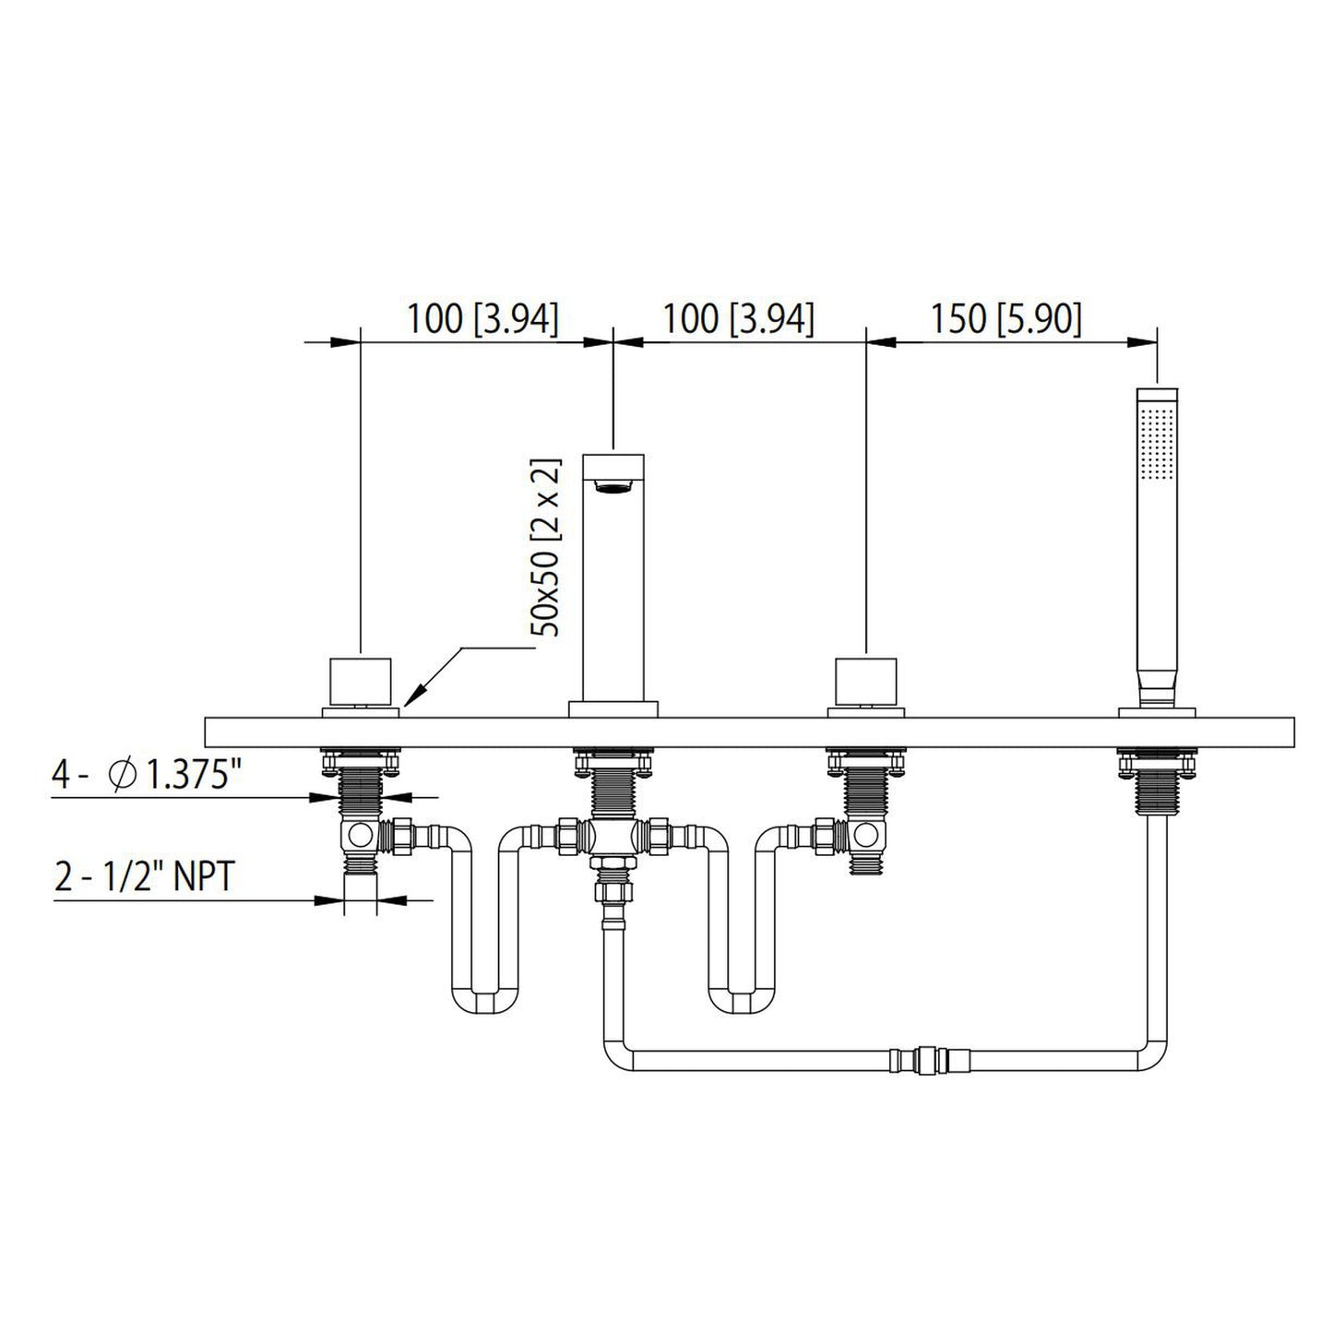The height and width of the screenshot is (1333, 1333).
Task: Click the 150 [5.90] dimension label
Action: tap(1006, 319)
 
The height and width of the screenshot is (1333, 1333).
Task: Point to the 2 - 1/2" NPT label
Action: tap(144, 876)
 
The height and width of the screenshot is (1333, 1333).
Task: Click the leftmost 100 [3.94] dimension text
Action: tap(482, 319)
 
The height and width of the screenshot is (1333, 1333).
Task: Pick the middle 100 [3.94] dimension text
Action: tap(739, 319)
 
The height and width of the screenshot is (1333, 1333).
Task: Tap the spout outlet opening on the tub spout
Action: tap(613, 488)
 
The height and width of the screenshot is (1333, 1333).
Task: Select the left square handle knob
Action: tap(360, 681)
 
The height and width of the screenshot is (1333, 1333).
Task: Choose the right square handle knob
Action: tap(865, 681)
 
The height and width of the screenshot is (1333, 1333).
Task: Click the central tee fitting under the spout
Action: tap(613, 836)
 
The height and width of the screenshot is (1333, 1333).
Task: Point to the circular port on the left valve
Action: tap(360, 836)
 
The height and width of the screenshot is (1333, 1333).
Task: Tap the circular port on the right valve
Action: tap(865, 836)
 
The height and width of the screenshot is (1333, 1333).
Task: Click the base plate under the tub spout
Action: tap(613, 709)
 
